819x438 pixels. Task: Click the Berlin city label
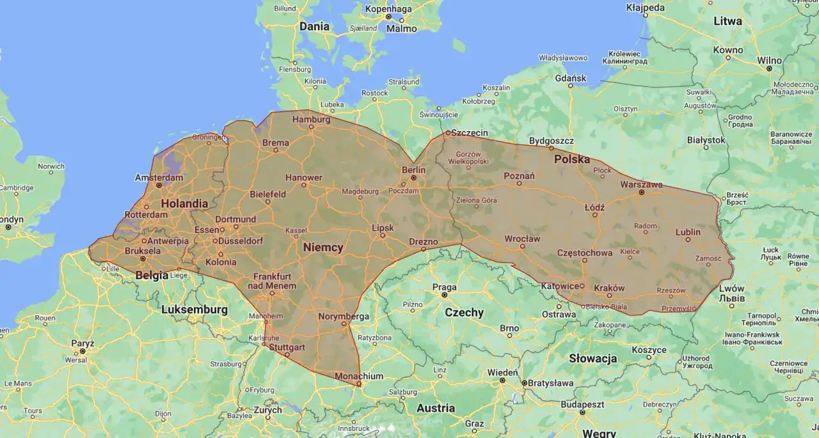[413, 169]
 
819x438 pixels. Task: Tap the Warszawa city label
[641, 184]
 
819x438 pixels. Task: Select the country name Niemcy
[323, 247]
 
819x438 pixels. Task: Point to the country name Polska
[572, 159]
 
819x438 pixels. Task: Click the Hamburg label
[311, 120]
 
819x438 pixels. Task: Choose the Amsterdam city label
[159, 177]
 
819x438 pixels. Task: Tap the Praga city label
[444, 287]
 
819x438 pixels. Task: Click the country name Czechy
[464, 313]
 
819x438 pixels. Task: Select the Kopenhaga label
[388, 9]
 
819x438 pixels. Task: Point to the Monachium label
[359, 376]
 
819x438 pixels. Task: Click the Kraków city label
[609, 288]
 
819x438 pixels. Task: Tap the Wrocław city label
[522, 239]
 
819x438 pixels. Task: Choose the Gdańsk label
[571, 78]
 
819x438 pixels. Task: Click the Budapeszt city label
[583, 404]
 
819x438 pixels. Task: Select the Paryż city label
[83, 343]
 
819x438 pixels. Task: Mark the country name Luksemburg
[195, 309]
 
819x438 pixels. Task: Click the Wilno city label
[769, 60]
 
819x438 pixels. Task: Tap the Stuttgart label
[287, 347]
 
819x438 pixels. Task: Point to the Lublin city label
[688, 232]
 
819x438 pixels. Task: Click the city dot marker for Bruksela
[143, 259]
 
